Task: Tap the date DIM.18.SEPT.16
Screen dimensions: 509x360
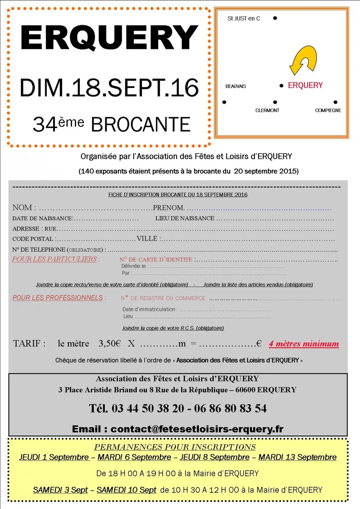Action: (x=109, y=88)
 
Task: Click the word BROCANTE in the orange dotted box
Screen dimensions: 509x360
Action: (x=140, y=125)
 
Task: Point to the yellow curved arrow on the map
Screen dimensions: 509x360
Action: (x=303, y=60)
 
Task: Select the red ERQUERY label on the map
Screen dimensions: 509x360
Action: (x=305, y=85)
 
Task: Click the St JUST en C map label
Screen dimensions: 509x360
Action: (x=243, y=19)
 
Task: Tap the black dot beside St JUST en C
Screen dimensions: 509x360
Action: (x=275, y=18)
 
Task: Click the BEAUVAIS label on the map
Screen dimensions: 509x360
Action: (x=236, y=86)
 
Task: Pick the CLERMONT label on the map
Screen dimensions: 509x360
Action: (x=267, y=111)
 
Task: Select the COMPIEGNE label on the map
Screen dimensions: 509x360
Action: (x=328, y=111)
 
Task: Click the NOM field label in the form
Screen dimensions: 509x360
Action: (x=22, y=208)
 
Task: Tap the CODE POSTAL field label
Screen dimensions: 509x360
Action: (x=33, y=239)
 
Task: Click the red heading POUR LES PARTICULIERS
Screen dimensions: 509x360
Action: (x=54, y=259)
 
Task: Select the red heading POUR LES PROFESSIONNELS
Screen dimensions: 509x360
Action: (x=58, y=298)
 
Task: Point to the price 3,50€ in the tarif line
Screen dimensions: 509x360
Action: (x=110, y=343)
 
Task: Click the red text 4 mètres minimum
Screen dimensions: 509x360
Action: (x=304, y=344)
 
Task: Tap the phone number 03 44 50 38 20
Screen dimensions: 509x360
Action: (x=148, y=409)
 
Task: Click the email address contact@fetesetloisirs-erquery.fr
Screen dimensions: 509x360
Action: (x=197, y=429)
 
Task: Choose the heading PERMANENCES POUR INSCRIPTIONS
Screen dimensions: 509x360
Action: (x=175, y=447)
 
